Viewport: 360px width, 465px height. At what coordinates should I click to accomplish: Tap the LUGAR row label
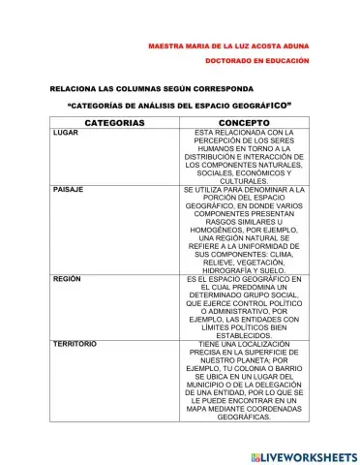pos(67,133)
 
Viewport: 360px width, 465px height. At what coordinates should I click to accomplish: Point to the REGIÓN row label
pos(67,279)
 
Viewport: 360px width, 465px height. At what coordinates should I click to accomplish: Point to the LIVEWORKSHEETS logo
pos(303,455)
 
